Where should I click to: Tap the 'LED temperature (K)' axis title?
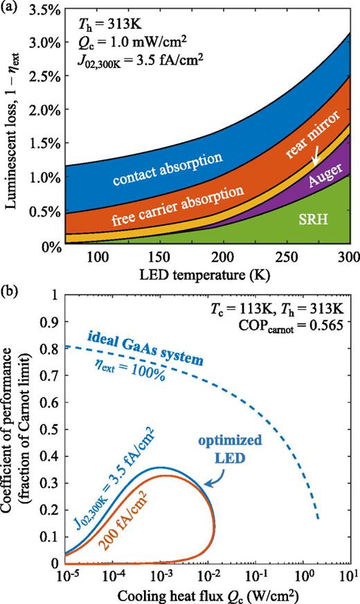[206, 275]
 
